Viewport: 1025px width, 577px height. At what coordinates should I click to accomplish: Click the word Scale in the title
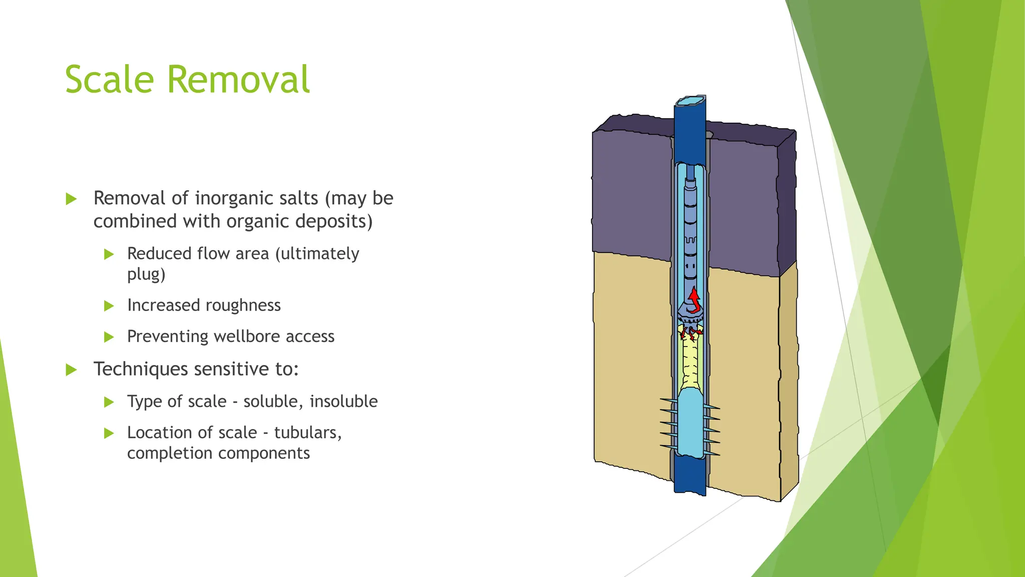click(x=110, y=80)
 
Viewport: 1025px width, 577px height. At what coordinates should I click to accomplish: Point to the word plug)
click(x=146, y=274)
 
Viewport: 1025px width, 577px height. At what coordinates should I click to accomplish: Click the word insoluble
click(x=343, y=401)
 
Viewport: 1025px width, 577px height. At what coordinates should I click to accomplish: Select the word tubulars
click(x=308, y=432)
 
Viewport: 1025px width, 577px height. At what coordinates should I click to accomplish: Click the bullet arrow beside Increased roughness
click(x=109, y=306)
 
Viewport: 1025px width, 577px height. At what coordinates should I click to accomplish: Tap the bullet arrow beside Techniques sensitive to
click(x=72, y=370)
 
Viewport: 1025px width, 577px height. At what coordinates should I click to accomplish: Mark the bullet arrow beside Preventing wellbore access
click(x=109, y=337)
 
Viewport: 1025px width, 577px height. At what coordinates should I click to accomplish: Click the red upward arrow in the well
click(x=694, y=300)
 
